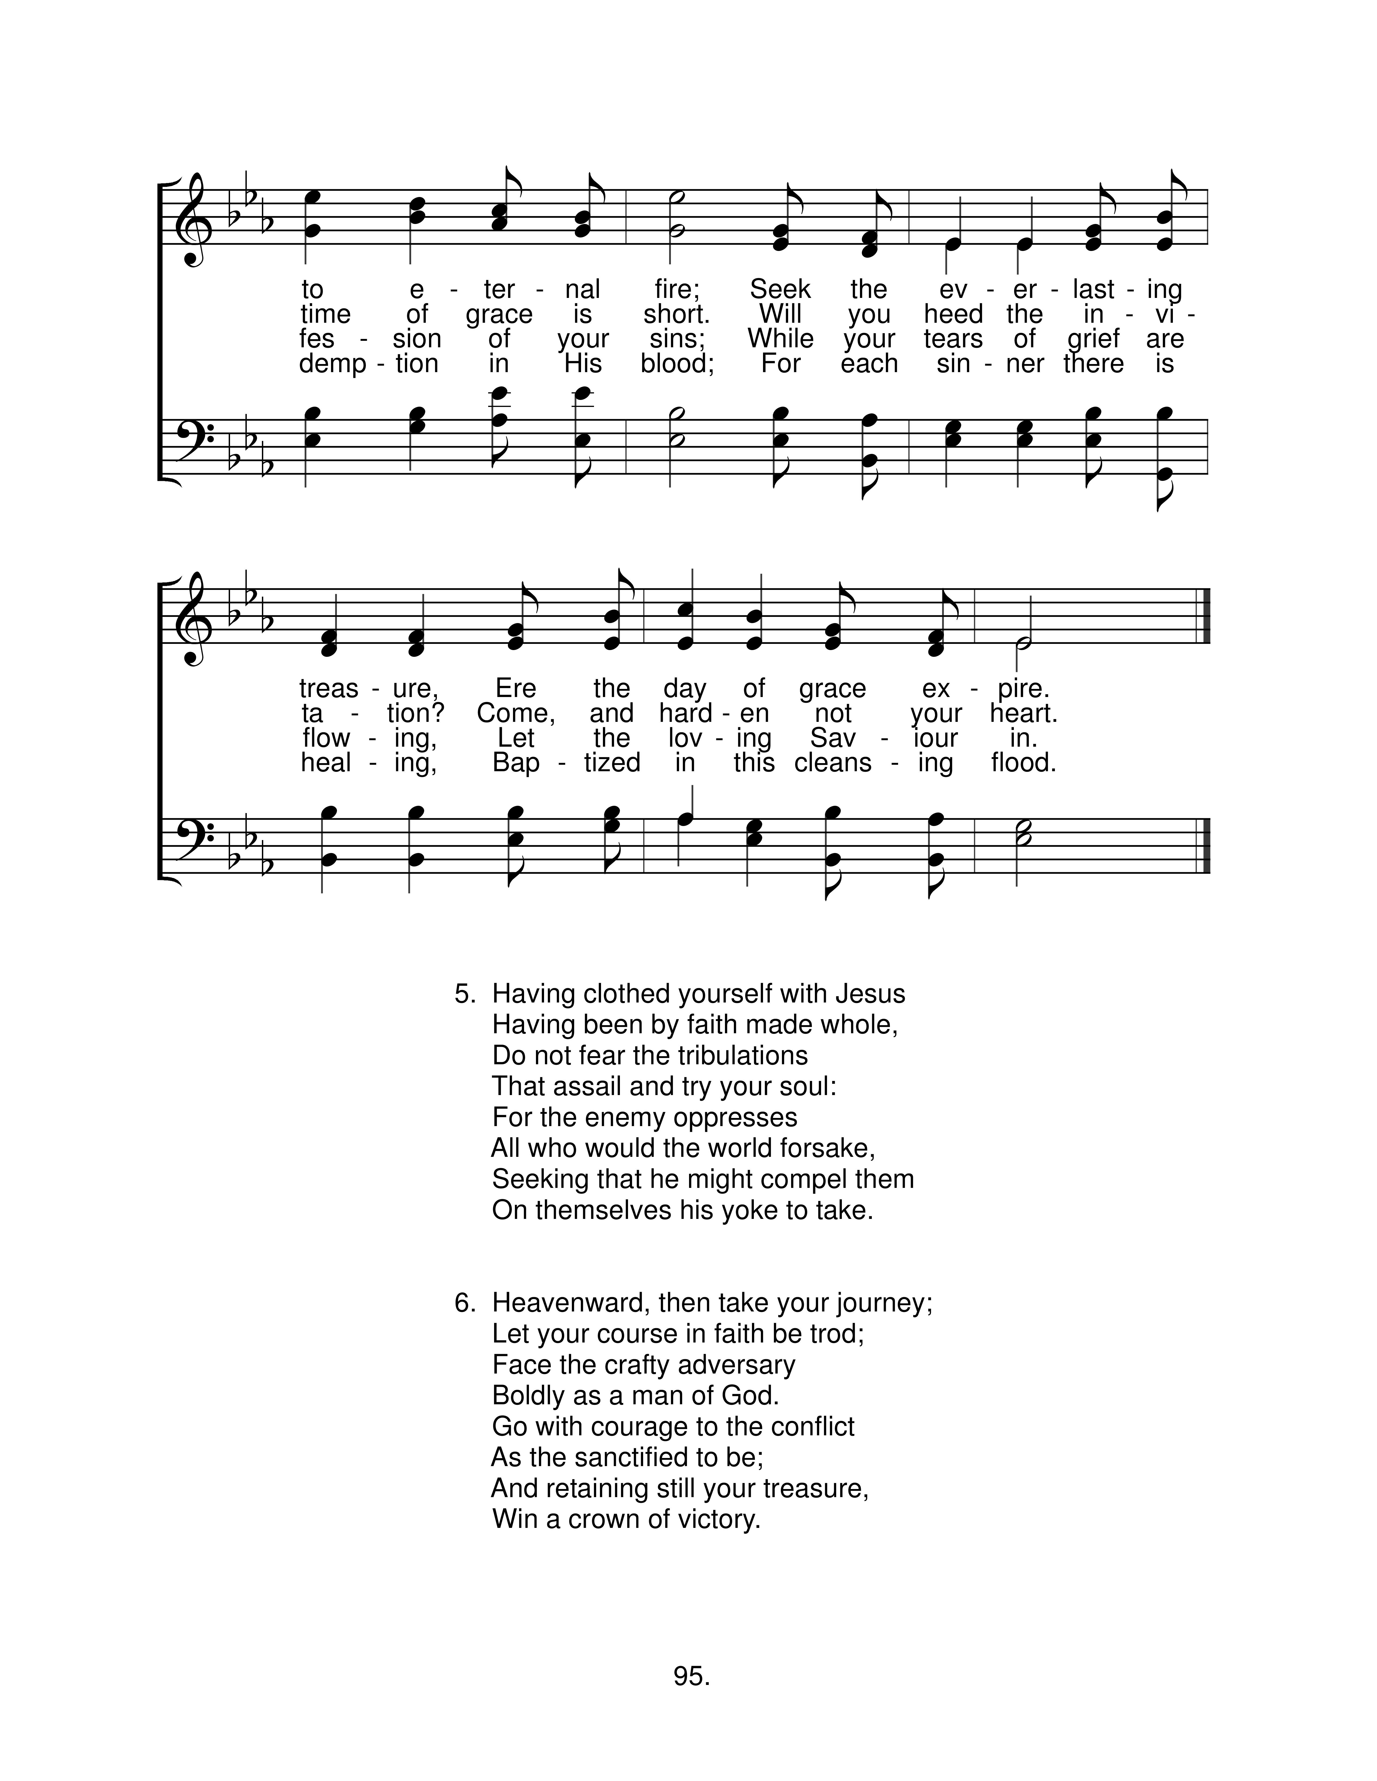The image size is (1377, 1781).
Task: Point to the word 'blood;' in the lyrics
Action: tap(677, 364)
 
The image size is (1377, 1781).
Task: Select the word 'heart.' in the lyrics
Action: tap(1024, 713)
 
